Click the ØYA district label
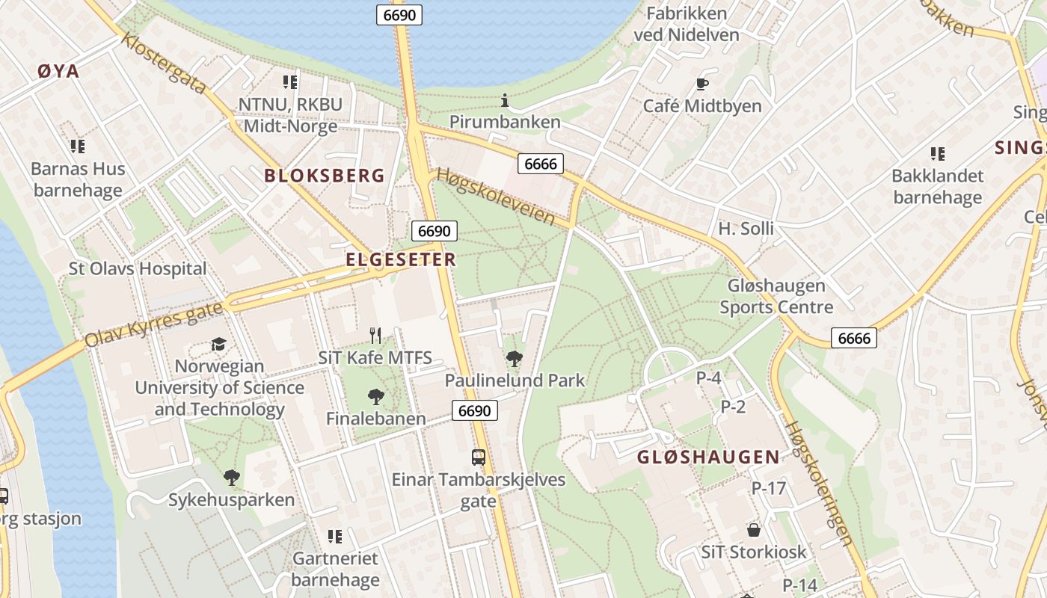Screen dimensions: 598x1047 coord(58,72)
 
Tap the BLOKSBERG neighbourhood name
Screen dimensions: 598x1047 coord(325,176)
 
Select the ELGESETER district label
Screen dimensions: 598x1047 coord(401,259)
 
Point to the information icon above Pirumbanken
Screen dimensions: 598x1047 coord(505,100)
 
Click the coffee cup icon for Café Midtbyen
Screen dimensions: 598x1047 coord(701,84)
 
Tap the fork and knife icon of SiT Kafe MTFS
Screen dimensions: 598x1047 coord(375,336)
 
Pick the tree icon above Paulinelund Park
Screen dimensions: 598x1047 coord(514,359)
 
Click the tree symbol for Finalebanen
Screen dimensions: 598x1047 coord(376,397)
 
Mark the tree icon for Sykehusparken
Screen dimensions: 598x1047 coord(232,477)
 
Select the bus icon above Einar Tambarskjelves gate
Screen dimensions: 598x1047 coord(479,457)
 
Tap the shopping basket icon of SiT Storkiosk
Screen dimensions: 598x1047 coord(754,530)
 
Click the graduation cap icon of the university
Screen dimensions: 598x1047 coord(218,344)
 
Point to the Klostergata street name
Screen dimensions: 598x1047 coord(164,63)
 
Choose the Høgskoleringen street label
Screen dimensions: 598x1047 coord(819,482)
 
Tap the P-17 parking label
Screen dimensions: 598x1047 coord(769,488)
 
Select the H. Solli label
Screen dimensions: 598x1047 coord(746,229)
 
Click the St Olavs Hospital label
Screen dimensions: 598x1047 coord(138,268)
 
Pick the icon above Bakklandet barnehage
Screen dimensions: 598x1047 coord(937,154)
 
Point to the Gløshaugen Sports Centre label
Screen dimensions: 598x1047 coord(776,296)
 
